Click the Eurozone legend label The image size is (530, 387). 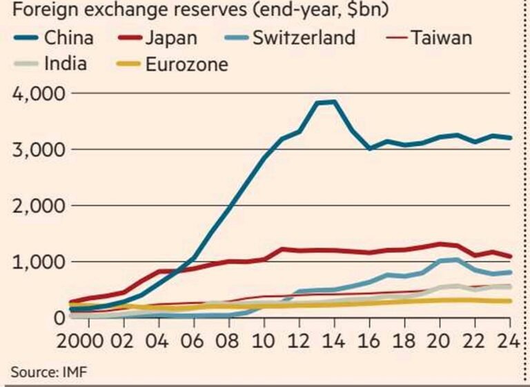point(186,65)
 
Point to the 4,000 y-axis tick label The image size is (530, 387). point(41,93)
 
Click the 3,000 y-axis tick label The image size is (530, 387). point(41,150)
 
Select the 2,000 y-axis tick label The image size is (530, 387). point(41,206)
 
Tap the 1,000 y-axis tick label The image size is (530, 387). point(41,262)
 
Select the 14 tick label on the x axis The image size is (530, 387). point(333,341)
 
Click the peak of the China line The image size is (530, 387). point(335,102)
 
